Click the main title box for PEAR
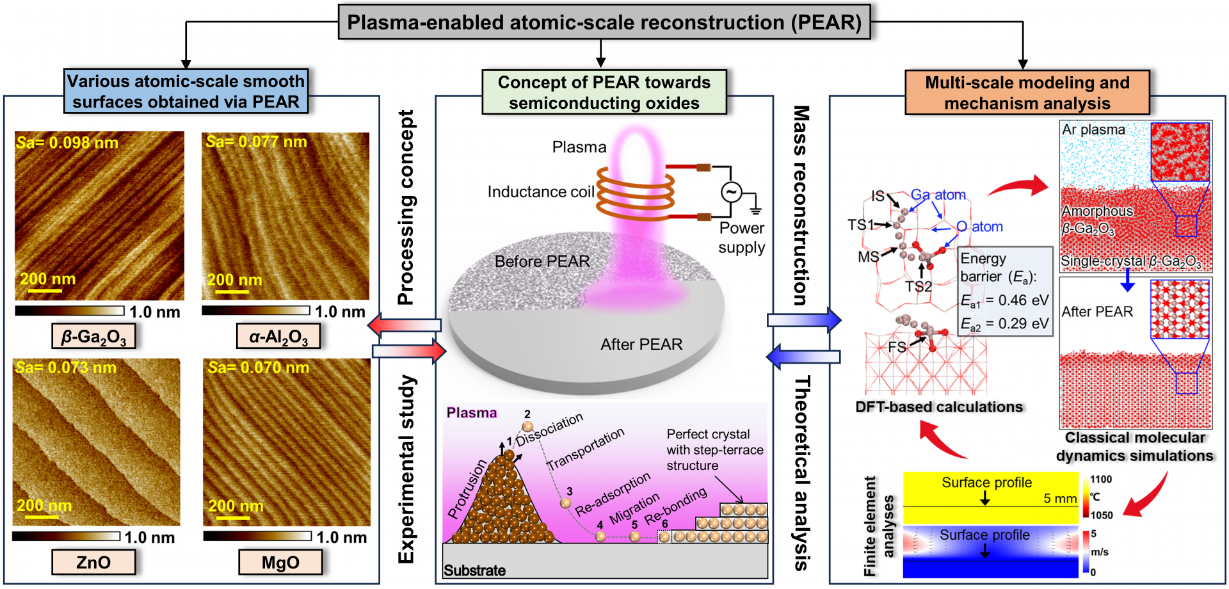(x=604, y=22)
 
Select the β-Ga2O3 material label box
(x=93, y=336)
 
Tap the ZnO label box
(x=93, y=562)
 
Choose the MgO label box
(x=280, y=562)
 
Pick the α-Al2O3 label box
(x=278, y=336)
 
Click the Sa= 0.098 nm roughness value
(x=67, y=143)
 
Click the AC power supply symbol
(x=731, y=191)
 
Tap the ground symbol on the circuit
(x=756, y=209)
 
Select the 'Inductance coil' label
(x=541, y=192)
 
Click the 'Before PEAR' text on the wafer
(x=542, y=261)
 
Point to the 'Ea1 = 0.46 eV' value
(x=1004, y=300)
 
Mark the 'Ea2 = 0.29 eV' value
(x=1004, y=324)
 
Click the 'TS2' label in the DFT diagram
(x=919, y=286)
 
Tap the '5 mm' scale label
(x=1060, y=498)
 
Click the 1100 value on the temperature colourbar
(x=1101, y=479)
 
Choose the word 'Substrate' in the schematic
(x=474, y=570)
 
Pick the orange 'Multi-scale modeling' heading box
(x=1027, y=93)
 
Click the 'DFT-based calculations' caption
(x=939, y=407)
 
